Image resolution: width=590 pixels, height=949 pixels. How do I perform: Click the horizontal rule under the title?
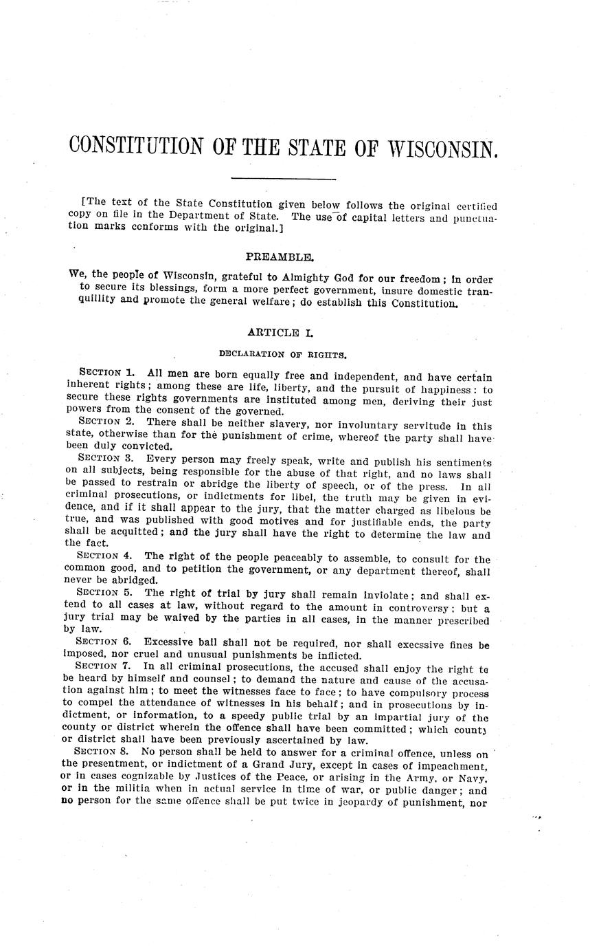click(283, 180)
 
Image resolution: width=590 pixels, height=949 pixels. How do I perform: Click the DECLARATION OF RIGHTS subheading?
click(282, 355)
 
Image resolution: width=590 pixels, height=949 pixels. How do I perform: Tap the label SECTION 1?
click(106, 373)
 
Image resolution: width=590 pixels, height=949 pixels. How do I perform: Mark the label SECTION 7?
click(102, 666)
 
